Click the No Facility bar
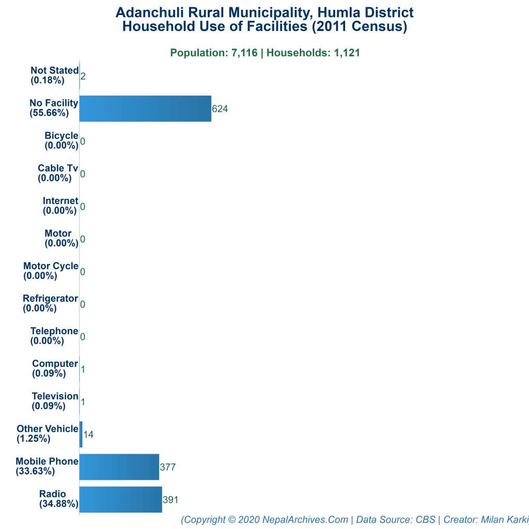coord(145,108)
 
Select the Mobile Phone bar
coord(119,467)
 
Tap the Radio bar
coord(121,500)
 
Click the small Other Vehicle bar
coord(81,434)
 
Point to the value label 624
coord(220,109)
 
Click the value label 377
coord(168,468)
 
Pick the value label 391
coord(171,500)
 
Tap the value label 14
coord(88,435)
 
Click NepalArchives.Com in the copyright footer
coord(305,520)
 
